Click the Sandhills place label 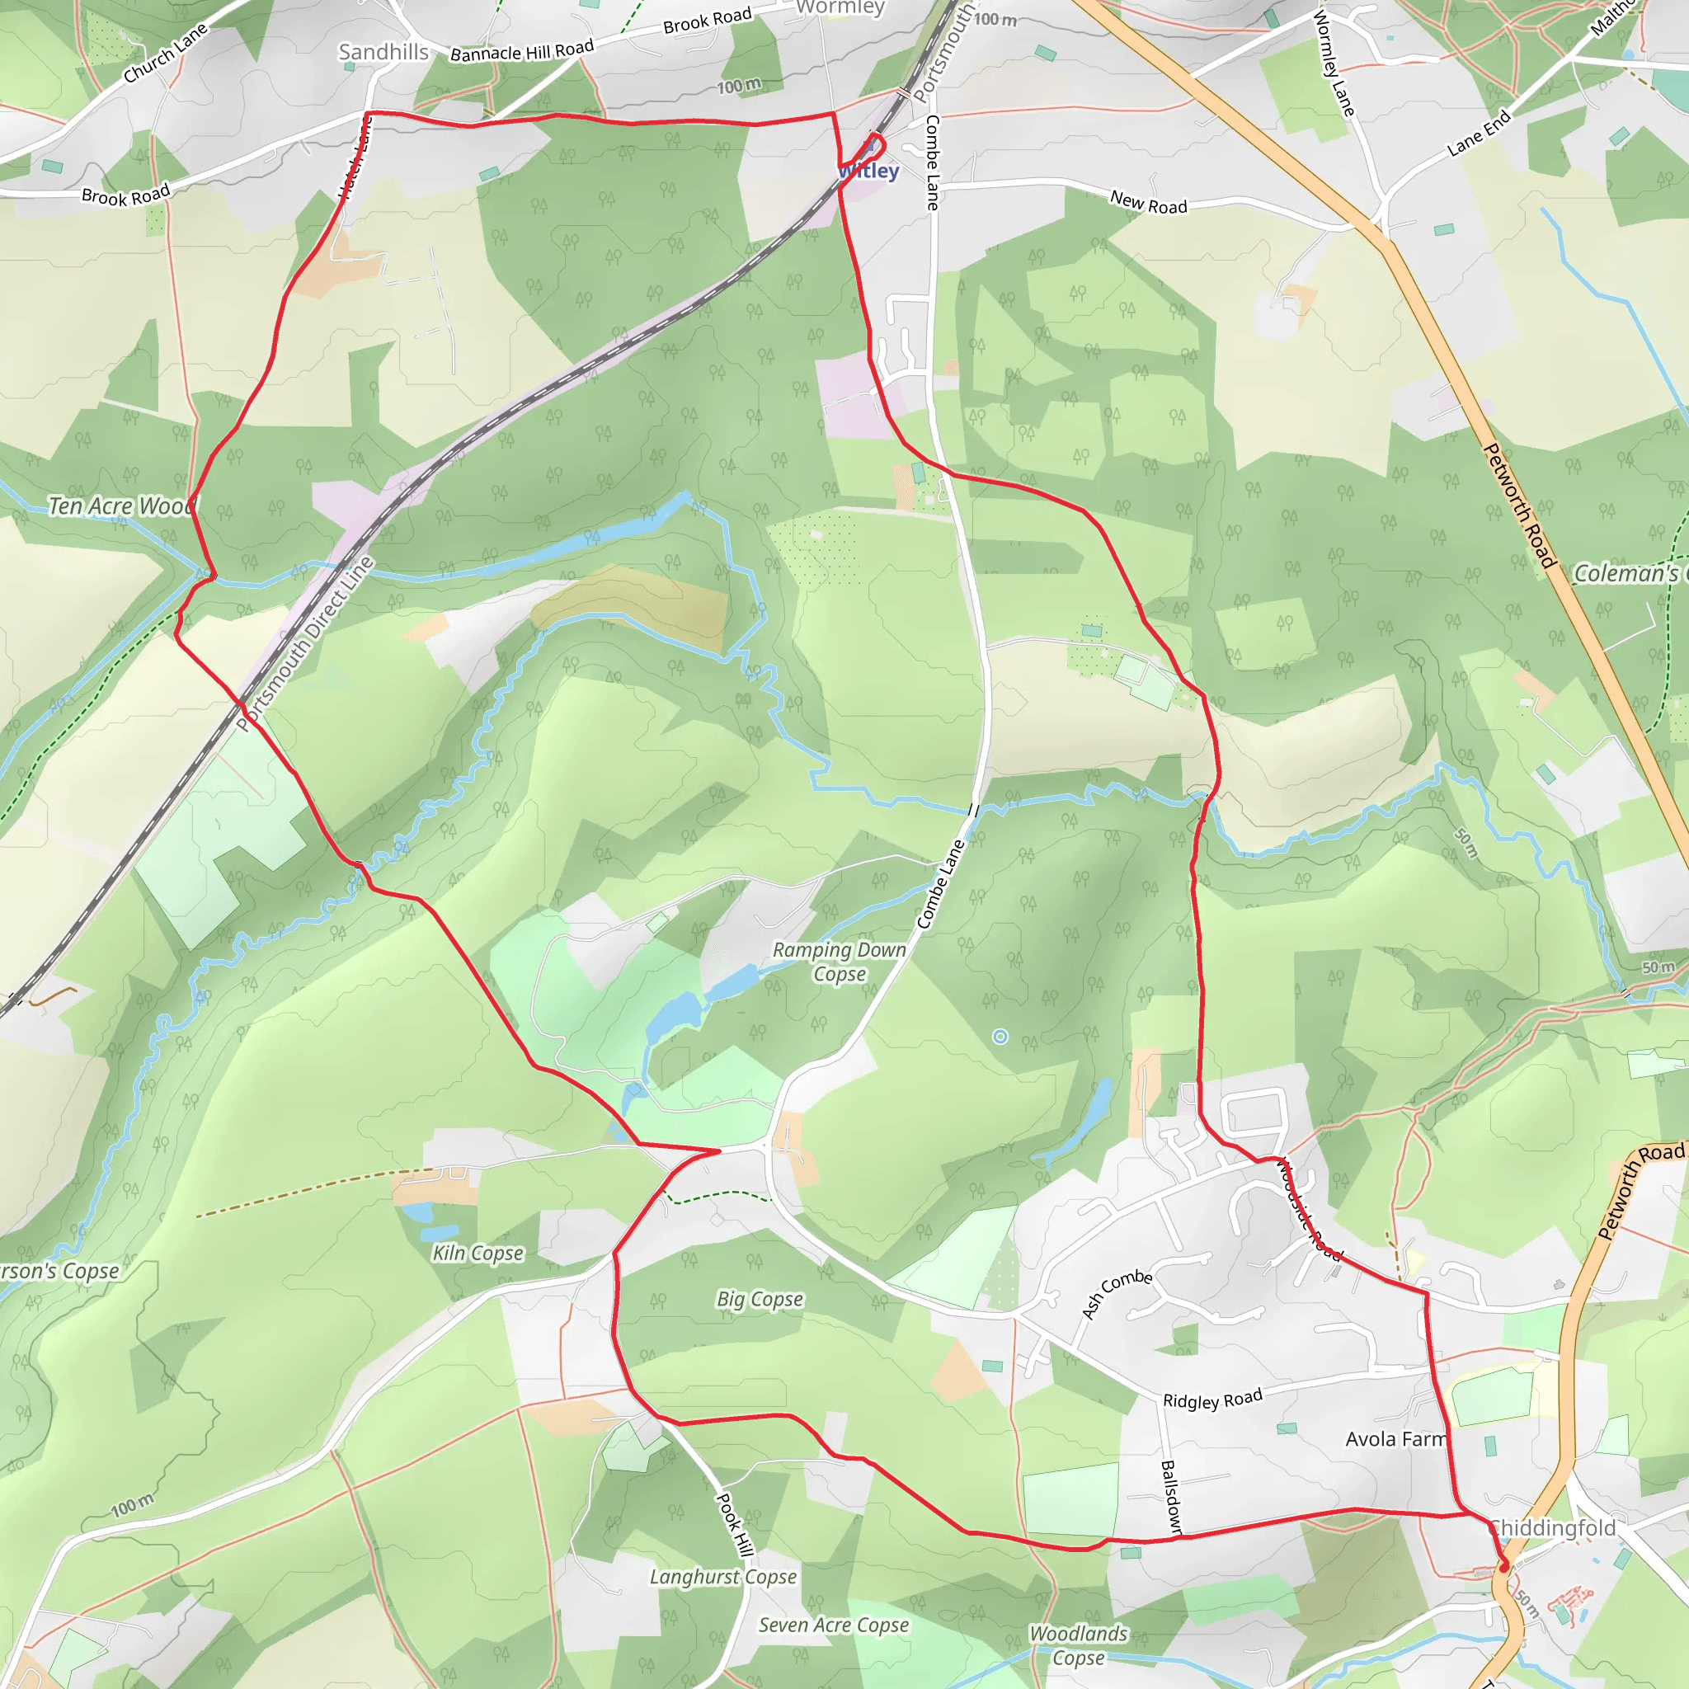383,53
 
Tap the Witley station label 869,172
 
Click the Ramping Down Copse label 840,962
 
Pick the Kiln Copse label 478,1253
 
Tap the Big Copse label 760,1298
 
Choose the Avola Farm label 1396,1439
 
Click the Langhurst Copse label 723,1576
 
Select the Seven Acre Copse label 833,1625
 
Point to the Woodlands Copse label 1079,1644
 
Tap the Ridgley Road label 1212,1399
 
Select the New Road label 1149,203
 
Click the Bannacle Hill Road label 522,50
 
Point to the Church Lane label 165,54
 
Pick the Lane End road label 1479,133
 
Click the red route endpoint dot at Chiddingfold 1503,1568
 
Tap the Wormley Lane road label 1335,64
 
